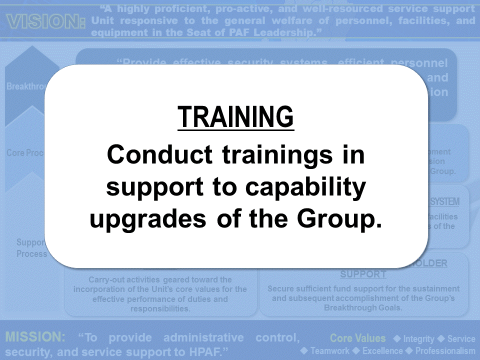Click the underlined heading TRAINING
[235, 117]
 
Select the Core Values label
[357, 338]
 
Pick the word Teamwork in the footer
[329, 351]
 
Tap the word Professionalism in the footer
[445, 351]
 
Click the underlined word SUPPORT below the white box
[363, 274]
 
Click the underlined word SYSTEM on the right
[445, 202]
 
